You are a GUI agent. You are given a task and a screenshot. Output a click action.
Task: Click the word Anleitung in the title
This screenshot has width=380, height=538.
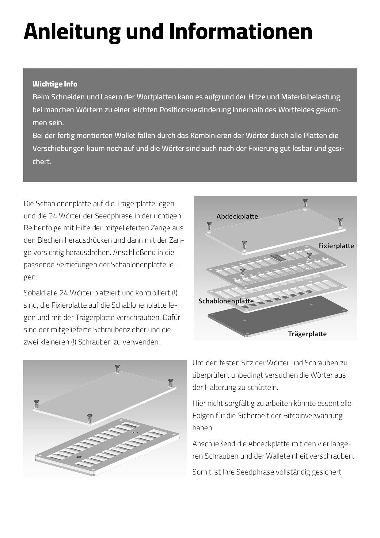click(x=72, y=32)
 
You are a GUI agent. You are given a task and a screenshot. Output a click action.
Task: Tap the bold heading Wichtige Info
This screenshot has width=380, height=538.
click(x=55, y=84)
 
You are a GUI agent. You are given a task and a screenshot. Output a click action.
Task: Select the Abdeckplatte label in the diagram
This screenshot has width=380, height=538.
click(x=237, y=217)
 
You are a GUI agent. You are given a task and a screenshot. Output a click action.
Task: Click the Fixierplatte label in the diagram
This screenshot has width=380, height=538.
click(x=336, y=246)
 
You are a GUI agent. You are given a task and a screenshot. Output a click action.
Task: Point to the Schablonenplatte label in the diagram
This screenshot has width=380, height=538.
click(x=226, y=301)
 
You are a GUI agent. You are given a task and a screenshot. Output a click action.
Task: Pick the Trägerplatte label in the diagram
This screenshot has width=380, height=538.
click(x=307, y=334)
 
